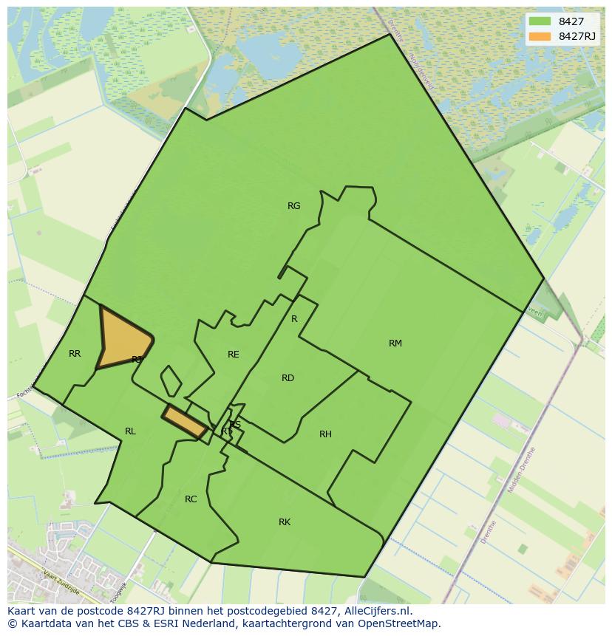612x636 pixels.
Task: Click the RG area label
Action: coord(293,206)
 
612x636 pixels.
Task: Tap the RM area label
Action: coord(395,343)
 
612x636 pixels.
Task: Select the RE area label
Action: coord(234,355)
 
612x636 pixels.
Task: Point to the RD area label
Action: coord(288,378)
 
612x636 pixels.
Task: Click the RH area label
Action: coord(325,434)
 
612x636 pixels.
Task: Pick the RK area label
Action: coord(285,522)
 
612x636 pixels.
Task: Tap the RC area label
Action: coord(191,499)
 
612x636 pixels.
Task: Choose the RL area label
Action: coord(130,431)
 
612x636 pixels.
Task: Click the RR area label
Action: coord(75,354)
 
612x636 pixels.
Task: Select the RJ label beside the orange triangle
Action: coord(137,360)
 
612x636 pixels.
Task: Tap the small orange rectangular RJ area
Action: coord(184,422)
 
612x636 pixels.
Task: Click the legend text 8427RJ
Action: coord(577,36)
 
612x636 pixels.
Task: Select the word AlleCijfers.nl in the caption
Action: coord(377,611)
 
